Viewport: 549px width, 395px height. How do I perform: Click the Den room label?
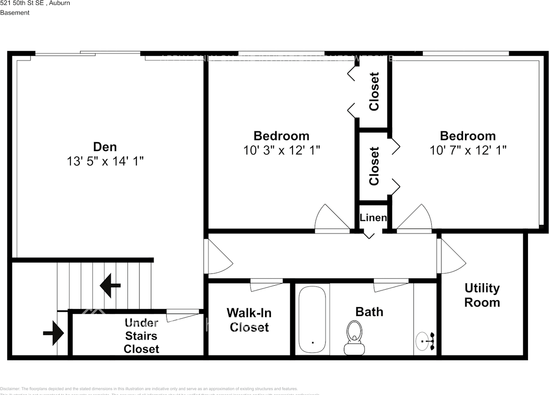[105, 147]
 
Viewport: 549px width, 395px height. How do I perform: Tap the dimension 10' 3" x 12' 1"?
[281, 150]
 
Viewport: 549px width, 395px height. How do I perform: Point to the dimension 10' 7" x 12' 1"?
[468, 150]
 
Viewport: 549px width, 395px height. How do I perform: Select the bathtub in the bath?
[313, 319]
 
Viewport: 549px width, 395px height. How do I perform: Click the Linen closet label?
[373, 218]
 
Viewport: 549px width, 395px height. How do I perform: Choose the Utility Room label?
[482, 295]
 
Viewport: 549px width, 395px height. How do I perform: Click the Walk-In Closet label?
[249, 319]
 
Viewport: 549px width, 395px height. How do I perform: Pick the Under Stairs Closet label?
[141, 336]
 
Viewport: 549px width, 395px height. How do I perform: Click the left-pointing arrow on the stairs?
[110, 286]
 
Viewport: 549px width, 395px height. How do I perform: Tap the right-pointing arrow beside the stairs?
[54, 333]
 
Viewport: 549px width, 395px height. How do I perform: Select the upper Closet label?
[374, 91]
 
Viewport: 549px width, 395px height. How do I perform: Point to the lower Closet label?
[374, 166]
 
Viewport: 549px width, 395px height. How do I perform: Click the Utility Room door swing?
[452, 257]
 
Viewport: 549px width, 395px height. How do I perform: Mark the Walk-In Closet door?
[266, 284]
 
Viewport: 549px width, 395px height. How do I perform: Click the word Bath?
[369, 312]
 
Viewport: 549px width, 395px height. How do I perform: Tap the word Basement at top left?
[15, 12]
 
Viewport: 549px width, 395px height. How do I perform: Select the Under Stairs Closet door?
[182, 316]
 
